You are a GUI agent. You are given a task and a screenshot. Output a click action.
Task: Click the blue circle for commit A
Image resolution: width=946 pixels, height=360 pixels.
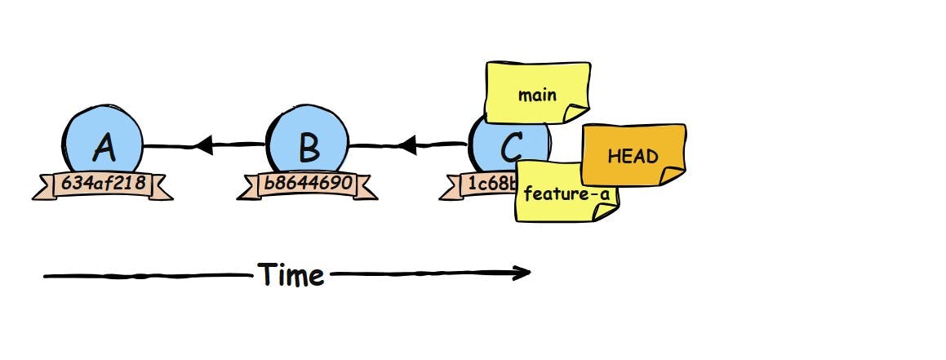pyautogui.click(x=103, y=135)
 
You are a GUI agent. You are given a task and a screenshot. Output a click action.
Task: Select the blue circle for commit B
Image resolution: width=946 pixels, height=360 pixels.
pyautogui.click(x=309, y=135)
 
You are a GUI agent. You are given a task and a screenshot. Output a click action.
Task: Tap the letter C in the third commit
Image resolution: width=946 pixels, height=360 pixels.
pyautogui.click(x=509, y=148)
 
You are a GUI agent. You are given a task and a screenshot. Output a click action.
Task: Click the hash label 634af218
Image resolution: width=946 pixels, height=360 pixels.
pyautogui.click(x=103, y=184)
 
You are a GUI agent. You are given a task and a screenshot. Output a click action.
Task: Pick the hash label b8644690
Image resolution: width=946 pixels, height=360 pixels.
pyautogui.click(x=308, y=184)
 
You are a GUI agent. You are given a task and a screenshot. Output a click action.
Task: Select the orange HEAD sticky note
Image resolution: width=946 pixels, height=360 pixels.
pyautogui.click(x=633, y=154)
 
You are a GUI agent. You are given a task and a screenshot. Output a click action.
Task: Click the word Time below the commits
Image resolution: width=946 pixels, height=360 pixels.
pyautogui.click(x=291, y=275)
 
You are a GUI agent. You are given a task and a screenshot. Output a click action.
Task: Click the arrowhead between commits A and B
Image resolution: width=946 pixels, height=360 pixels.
pyautogui.click(x=204, y=146)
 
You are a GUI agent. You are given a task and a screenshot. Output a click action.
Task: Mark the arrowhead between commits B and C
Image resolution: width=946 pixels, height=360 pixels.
pyautogui.click(x=409, y=146)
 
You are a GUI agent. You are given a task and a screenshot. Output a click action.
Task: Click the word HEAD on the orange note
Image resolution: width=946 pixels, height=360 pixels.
pyautogui.click(x=633, y=155)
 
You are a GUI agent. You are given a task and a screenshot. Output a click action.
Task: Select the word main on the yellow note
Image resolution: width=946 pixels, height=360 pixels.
pyautogui.click(x=536, y=94)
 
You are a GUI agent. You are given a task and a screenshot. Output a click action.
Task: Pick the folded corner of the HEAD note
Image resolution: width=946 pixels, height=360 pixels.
pyautogui.click(x=673, y=174)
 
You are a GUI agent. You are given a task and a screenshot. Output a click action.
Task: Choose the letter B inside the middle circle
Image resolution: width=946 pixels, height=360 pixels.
pyautogui.click(x=309, y=148)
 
